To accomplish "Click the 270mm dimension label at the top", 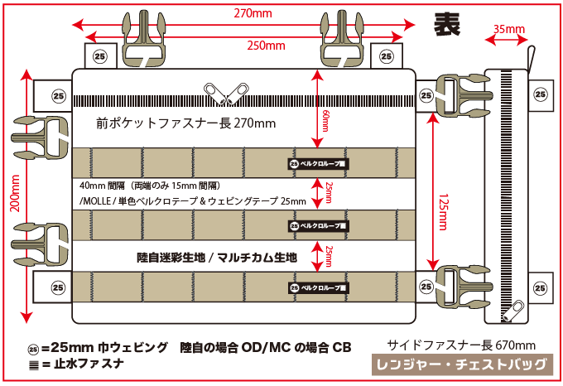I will [x=253, y=14].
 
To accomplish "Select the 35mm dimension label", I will [x=509, y=30].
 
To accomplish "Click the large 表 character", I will [x=448, y=24].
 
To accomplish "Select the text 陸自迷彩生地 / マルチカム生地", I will [x=216, y=258].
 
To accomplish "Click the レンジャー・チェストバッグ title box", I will [x=461, y=364].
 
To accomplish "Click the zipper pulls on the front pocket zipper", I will [x=225, y=93].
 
